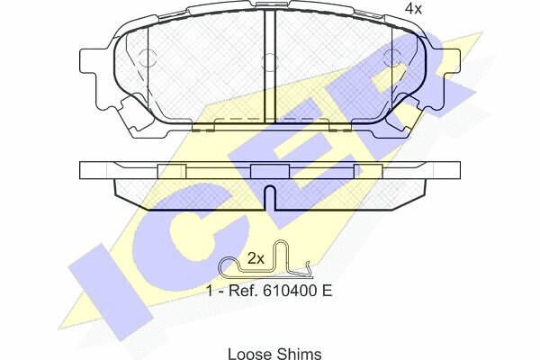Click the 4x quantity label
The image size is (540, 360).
click(413, 9)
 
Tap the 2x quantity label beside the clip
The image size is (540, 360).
click(256, 258)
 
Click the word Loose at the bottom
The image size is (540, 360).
click(250, 354)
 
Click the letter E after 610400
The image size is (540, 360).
click(327, 291)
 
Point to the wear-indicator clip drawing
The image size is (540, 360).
click(265, 260)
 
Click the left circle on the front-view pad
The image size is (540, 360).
click(148, 58)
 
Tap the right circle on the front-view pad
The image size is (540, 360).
click(392, 58)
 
